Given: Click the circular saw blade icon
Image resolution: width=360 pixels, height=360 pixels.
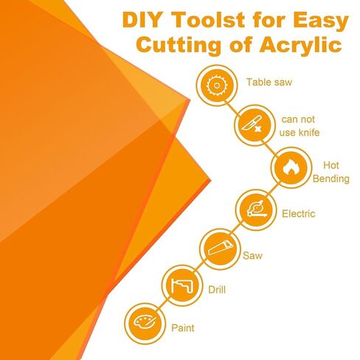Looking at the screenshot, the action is tap(217, 86).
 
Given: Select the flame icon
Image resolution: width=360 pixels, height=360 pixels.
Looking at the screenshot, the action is tap(291, 167).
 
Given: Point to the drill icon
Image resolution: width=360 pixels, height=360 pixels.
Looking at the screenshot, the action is tap(182, 285).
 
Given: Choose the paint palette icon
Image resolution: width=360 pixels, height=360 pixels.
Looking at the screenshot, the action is tap(145, 322).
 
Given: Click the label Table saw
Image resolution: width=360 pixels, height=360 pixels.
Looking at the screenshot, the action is tap(269, 82).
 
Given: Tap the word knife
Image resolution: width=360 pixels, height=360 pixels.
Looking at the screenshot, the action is tap(308, 133).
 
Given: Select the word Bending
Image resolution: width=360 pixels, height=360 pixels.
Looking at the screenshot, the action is tap(331, 179).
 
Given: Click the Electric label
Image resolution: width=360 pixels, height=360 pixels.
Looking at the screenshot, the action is tap(298, 214).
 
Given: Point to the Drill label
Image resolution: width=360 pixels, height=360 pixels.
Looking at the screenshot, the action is tap(217, 290).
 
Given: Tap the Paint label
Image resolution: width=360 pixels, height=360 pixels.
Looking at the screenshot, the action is tap(183, 328).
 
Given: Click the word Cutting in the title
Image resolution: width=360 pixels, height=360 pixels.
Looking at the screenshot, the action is tap(179, 46).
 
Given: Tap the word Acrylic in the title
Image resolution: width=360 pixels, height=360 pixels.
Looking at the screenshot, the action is tap(301, 45).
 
